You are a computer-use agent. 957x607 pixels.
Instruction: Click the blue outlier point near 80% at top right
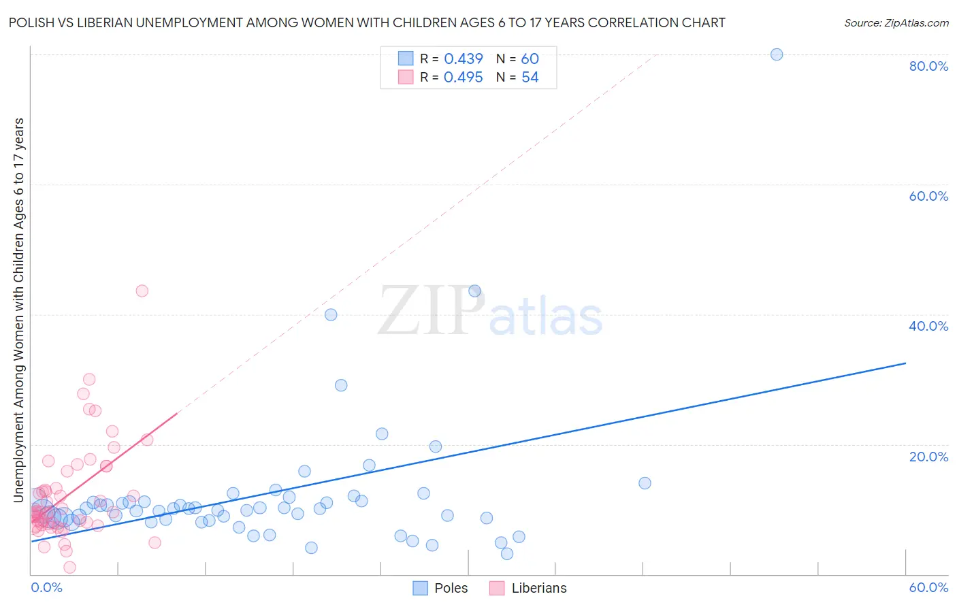[776, 54]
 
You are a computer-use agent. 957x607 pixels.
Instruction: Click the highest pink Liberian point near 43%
[142, 291]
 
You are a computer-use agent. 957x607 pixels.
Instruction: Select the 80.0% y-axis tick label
[928, 66]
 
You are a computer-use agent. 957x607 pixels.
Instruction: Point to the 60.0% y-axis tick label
[928, 196]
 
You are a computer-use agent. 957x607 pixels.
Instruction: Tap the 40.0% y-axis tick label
[928, 326]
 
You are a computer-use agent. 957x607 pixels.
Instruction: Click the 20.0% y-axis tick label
[928, 456]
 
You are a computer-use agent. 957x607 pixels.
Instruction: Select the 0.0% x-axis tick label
[46, 587]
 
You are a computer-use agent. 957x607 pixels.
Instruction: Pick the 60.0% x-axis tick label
[928, 587]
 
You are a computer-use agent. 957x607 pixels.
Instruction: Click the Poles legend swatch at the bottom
[421, 588]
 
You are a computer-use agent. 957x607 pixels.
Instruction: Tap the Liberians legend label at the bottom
[539, 588]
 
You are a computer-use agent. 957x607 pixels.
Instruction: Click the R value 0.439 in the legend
[464, 59]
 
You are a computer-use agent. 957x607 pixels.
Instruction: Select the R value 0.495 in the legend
[464, 78]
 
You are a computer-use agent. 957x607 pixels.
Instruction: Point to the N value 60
[530, 59]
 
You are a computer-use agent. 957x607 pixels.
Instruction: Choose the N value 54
[530, 78]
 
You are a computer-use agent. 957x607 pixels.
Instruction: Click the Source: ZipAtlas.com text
[896, 23]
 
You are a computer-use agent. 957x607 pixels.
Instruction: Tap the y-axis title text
[18, 310]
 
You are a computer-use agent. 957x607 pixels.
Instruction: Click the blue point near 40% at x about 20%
[331, 314]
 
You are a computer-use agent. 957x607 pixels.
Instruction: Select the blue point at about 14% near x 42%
[645, 483]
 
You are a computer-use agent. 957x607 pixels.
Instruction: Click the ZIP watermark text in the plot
[431, 312]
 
